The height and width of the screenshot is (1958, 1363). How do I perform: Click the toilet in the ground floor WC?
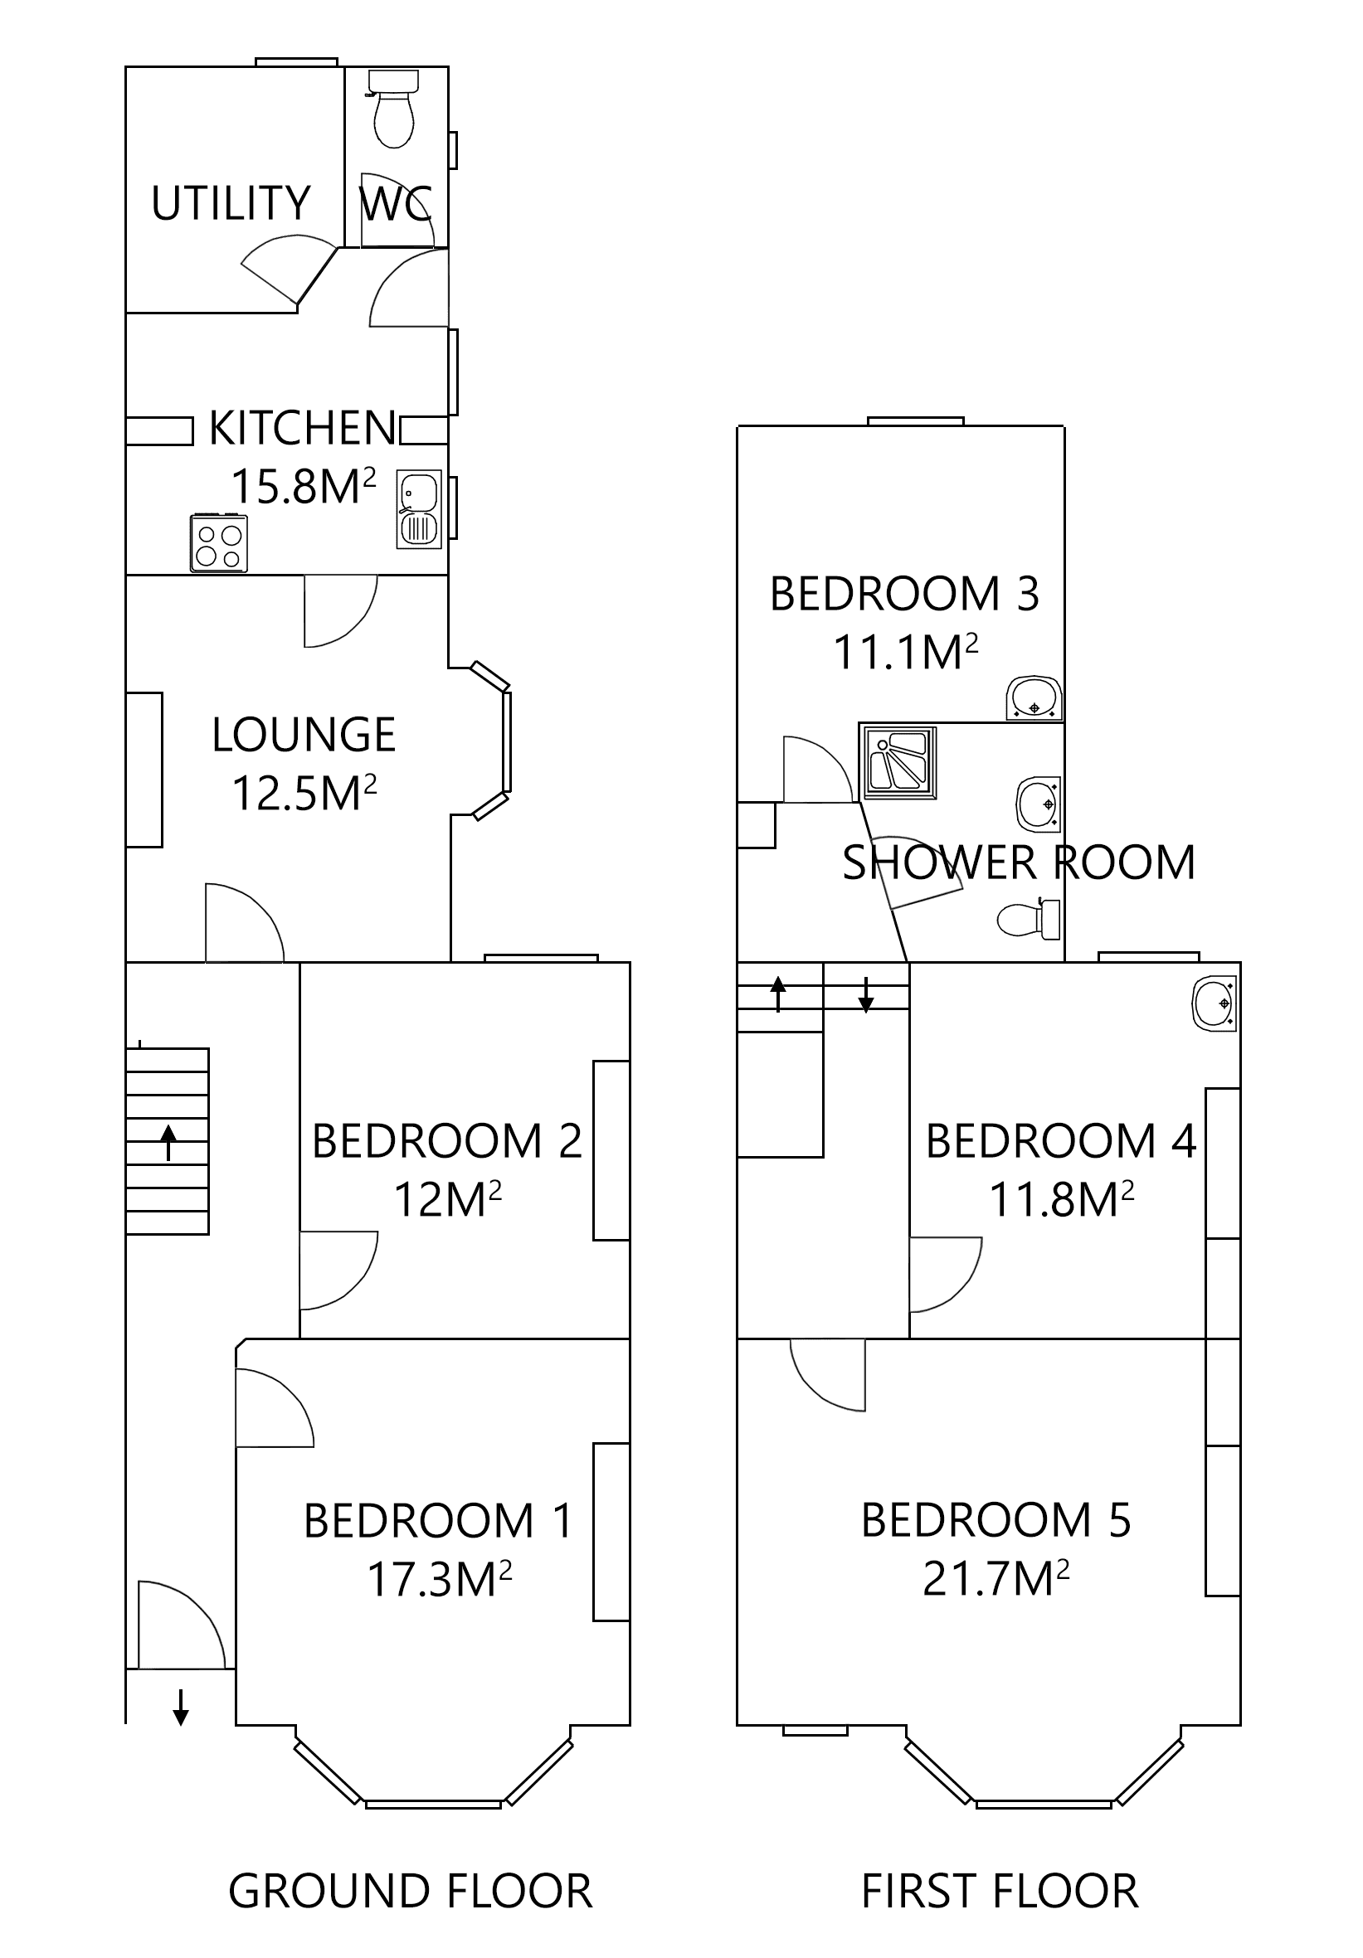393,111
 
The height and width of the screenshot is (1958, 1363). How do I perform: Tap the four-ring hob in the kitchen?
219,542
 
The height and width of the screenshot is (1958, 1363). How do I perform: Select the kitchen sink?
419,509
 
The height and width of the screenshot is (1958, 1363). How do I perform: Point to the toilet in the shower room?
1029,918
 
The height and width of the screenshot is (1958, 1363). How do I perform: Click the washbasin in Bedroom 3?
1034,698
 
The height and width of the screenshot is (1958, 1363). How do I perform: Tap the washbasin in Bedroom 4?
1215,1003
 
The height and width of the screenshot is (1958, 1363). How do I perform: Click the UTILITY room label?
231,203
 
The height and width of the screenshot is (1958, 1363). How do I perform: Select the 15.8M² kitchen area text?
304,486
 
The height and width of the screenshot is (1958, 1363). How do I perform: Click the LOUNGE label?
304,734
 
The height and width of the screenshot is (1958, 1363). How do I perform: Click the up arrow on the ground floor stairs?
169,1143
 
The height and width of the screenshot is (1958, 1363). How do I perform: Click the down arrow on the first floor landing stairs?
866,994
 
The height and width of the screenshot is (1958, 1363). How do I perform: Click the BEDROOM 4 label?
1061,1141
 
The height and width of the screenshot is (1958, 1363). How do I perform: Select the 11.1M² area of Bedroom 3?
905,653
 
